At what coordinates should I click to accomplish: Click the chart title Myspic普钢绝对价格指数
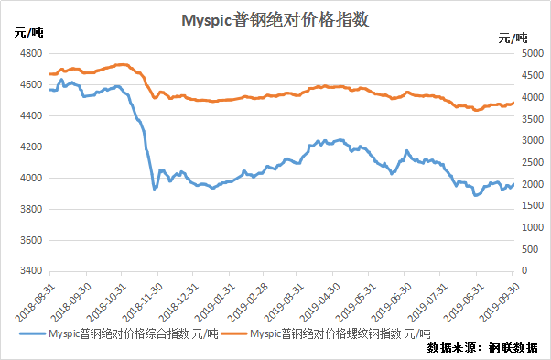[x=275, y=20]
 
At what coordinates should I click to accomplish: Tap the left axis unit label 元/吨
[x=28, y=33]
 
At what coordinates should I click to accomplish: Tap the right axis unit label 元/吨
[x=513, y=38]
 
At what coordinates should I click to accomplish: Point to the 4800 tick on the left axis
[x=31, y=53]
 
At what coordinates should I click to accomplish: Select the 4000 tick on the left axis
[x=31, y=178]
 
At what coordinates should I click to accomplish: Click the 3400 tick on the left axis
[x=31, y=271]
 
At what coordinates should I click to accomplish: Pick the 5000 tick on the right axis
[x=533, y=53]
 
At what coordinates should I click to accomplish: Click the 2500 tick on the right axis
[x=533, y=162]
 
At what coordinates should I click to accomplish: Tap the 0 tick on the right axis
[x=524, y=271]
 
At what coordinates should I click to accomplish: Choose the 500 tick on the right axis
[x=530, y=249]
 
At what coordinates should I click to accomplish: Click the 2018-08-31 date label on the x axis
[x=35, y=302]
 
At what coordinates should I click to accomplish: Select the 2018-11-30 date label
[x=142, y=302]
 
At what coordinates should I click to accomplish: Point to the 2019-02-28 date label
[x=248, y=302]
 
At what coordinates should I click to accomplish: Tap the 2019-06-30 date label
[x=391, y=302]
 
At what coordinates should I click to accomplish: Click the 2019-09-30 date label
[x=500, y=302]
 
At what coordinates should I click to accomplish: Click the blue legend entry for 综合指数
[x=119, y=333]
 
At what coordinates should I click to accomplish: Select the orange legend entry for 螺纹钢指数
[x=326, y=333]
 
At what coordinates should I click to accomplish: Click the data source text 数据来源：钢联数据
[x=482, y=347]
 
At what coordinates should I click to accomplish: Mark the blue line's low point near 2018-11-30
[x=154, y=189]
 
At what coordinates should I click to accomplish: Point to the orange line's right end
[x=513, y=103]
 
